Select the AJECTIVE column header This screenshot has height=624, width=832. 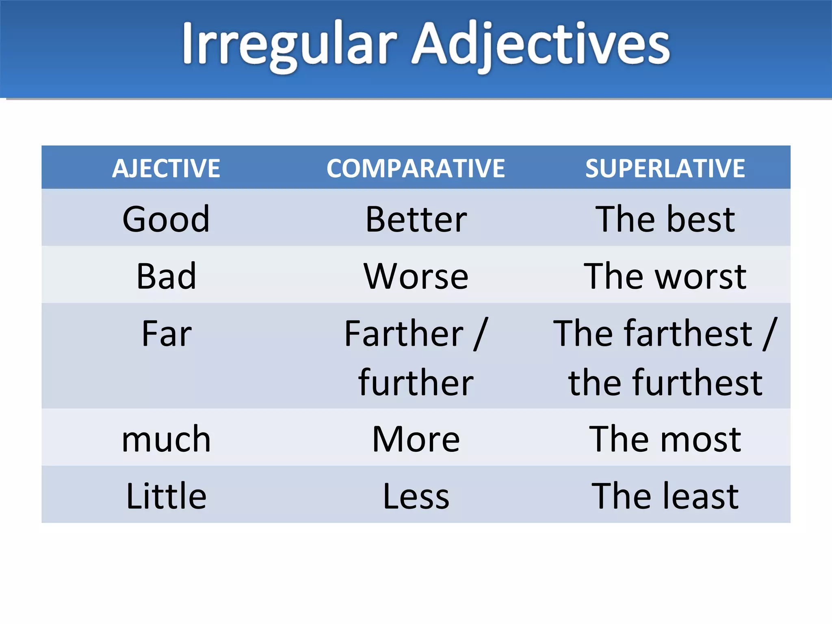click(166, 168)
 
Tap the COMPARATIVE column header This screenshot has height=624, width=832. click(416, 168)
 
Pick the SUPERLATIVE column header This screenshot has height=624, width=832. click(665, 168)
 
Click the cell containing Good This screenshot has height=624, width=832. click(166, 219)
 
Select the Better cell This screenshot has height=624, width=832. click(416, 219)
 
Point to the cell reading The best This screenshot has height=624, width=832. click(665, 219)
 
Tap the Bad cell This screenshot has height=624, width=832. click(166, 276)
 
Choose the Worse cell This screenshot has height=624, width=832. click(416, 276)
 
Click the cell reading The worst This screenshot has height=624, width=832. click(665, 276)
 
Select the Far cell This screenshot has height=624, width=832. click(166, 334)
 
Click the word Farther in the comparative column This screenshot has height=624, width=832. click(404, 334)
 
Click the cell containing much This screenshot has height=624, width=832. click(166, 439)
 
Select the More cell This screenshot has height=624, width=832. click(416, 439)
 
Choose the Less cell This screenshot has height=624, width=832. click(416, 496)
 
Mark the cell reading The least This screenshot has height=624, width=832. click(665, 496)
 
